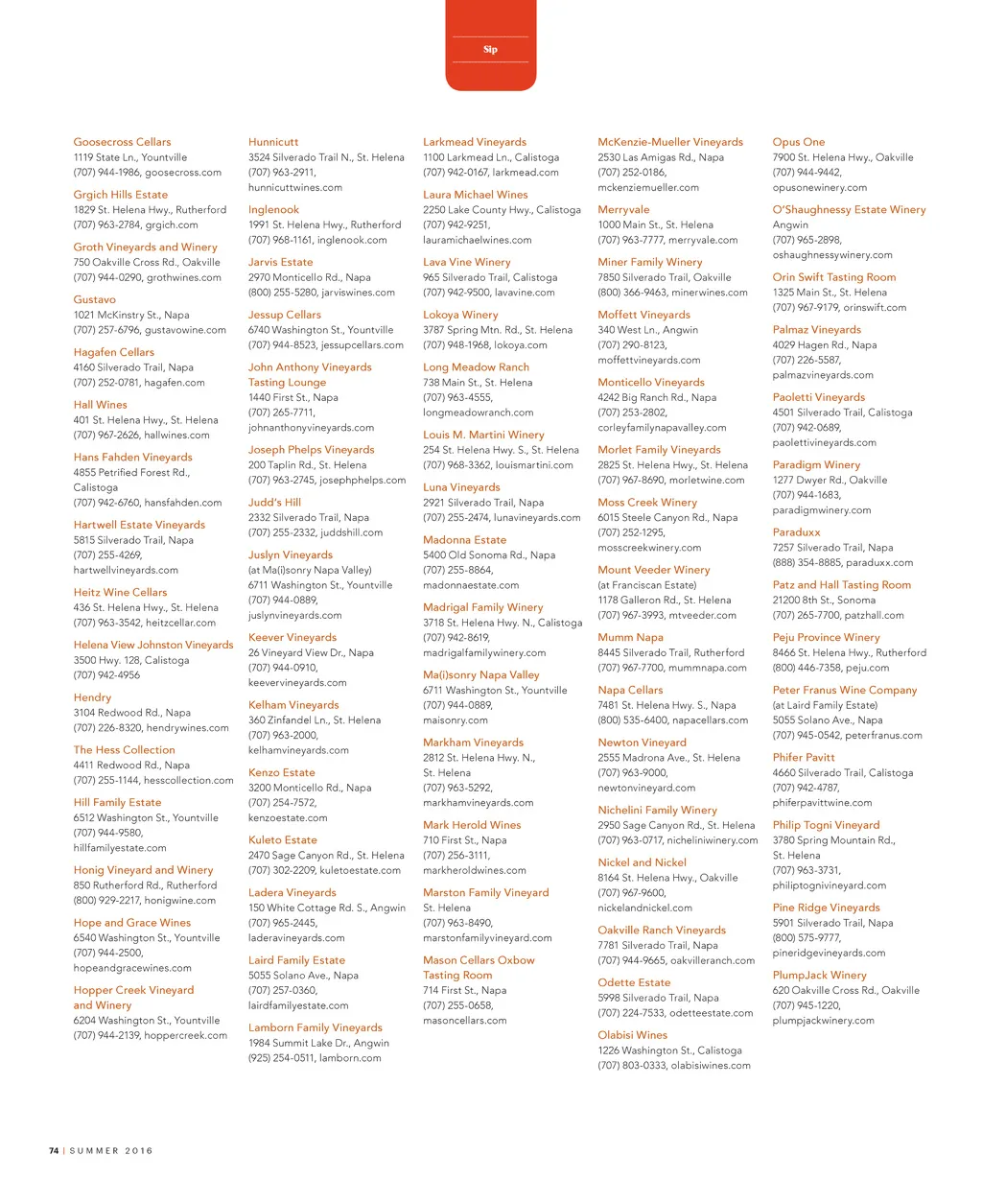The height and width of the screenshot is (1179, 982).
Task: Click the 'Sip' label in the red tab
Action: pyautogui.click(x=490, y=50)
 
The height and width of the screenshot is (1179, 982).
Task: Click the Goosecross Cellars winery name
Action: pyautogui.click(x=122, y=142)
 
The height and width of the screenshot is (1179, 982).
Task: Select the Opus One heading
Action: pyautogui.click(x=798, y=142)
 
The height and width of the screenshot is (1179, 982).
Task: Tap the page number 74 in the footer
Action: pyautogui.click(x=54, y=1150)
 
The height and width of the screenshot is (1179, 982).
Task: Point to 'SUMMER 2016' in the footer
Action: pyautogui.click(x=111, y=1150)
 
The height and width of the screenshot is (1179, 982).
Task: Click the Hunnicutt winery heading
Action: pyautogui.click(x=273, y=142)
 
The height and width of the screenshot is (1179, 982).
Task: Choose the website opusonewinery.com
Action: pyautogui.click(x=819, y=187)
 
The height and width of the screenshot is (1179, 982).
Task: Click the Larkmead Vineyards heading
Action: pyautogui.click(x=475, y=142)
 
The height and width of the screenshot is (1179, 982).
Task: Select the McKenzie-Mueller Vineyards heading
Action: pyautogui.click(x=670, y=142)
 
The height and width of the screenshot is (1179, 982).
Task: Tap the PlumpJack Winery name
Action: pyautogui.click(x=819, y=975)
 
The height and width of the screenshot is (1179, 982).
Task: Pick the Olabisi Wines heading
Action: pyautogui.click(x=632, y=1035)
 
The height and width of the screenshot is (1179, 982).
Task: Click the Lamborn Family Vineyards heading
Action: pyautogui.click(x=315, y=1027)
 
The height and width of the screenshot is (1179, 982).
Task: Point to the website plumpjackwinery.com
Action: pyautogui.click(x=823, y=1020)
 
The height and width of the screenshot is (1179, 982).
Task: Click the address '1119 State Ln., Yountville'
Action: pyautogui.click(x=130, y=157)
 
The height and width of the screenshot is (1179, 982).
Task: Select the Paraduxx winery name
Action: pyautogui.click(x=796, y=532)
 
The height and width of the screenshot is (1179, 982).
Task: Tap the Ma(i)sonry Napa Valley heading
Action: pyautogui.click(x=480, y=674)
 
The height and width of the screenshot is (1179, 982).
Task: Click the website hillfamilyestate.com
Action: pyautogui.click(x=120, y=848)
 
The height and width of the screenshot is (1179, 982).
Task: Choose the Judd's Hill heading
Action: pyautogui.click(x=274, y=502)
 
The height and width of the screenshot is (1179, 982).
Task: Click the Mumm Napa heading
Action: pyautogui.click(x=630, y=637)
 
